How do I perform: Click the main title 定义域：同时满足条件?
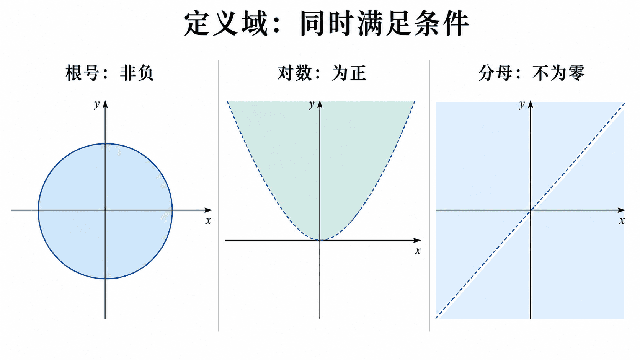click(x=327, y=23)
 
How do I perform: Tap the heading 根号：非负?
click(x=109, y=73)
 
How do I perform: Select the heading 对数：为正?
click(x=322, y=73)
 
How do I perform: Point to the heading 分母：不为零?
click(x=532, y=73)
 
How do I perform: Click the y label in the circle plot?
click(x=97, y=104)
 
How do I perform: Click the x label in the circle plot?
click(x=208, y=221)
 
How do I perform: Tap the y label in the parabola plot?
click(x=312, y=104)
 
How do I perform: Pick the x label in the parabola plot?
click(x=418, y=251)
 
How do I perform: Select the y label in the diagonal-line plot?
click(x=522, y=104)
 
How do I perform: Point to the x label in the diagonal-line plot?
click(x=622, y=221)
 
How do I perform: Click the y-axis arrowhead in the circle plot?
click(x=105, y=104)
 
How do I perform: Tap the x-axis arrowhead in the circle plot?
click(x=209, y=210)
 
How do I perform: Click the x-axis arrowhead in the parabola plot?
click(x=418, y=240)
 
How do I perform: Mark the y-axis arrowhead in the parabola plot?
click(x=320, y=104)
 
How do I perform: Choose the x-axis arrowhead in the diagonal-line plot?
click(x=622, y=210)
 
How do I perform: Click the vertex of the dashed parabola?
click(x=320, y=240)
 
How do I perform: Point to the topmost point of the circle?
click(x=105, y=144)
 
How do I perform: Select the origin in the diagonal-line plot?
click(x=531, y=210)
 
